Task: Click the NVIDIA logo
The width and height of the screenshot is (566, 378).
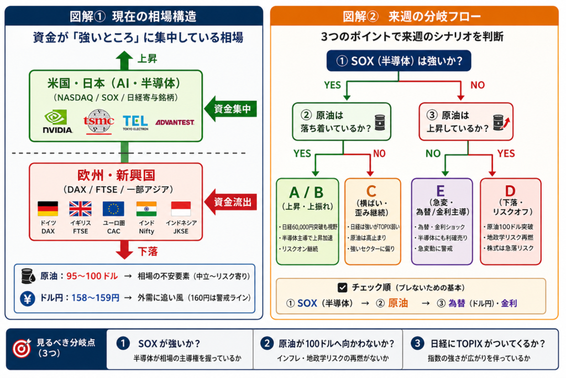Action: tap(57, 121)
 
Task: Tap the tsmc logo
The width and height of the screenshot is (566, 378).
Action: tap(98, 121)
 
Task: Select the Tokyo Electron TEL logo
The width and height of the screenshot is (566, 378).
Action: tap(135, 121)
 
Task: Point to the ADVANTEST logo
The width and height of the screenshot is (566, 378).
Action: tap(175, 122)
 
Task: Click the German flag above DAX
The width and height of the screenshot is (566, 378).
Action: tap(48, 209)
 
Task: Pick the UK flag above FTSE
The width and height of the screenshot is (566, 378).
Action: tap(80, 209)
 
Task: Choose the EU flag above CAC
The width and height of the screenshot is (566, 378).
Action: tap(113, 209)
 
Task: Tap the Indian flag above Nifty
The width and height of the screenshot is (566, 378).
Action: tap(146, 209)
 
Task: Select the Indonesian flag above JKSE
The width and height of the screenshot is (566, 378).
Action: tap(181, 209)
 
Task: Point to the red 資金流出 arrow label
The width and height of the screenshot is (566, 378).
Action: tap(232, 203)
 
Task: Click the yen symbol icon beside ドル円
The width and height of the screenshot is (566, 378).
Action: tap(26, 298)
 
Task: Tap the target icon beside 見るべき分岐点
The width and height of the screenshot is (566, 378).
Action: tap(22, 349)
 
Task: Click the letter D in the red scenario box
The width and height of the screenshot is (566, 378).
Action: tap(510, 191)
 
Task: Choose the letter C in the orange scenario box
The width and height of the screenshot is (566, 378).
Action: tap(372, 191)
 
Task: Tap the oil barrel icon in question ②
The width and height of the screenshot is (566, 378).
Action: tap(379, 122)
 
